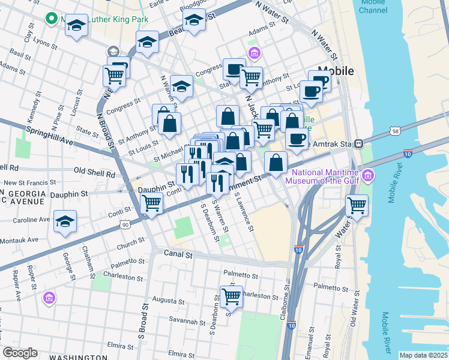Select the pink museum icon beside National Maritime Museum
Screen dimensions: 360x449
pos(369,175)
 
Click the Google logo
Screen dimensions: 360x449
pos(20,353)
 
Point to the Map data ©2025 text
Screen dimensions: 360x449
pos(423,355)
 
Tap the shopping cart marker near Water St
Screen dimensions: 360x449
pos(357,205)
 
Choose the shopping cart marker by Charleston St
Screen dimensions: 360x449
pos(231,296)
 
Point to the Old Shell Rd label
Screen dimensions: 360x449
pos(94,173)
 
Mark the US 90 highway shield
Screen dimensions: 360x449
pos(124,224)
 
